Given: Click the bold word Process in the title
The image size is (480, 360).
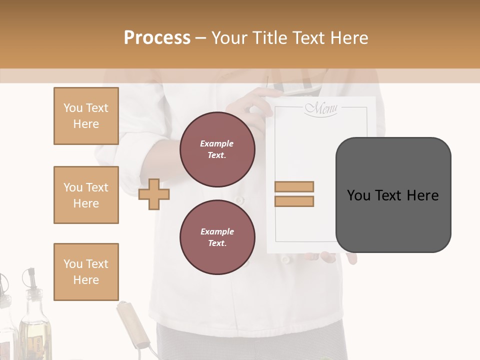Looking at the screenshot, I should [157, 38].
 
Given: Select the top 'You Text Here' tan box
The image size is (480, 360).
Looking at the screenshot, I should [86, 116].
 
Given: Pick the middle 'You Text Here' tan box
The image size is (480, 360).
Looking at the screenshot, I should [86, 195].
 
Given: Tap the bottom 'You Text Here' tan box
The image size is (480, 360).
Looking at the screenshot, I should [86, 271].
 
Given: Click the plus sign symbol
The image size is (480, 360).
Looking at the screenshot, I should [154, 195].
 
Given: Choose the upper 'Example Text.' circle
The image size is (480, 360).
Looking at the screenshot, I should [217, 149].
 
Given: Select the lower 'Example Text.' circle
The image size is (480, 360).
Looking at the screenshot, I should [217, 237].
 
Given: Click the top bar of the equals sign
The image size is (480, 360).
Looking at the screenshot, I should [294, 186].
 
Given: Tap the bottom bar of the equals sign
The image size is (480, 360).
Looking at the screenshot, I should [294, 201].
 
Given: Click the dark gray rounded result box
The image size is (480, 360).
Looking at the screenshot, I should [393, 195].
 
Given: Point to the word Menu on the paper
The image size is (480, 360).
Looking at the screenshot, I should [321, 108].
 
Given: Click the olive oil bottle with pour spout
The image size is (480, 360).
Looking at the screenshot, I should [33, 320].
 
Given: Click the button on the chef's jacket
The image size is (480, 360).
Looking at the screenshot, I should [240, 200].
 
